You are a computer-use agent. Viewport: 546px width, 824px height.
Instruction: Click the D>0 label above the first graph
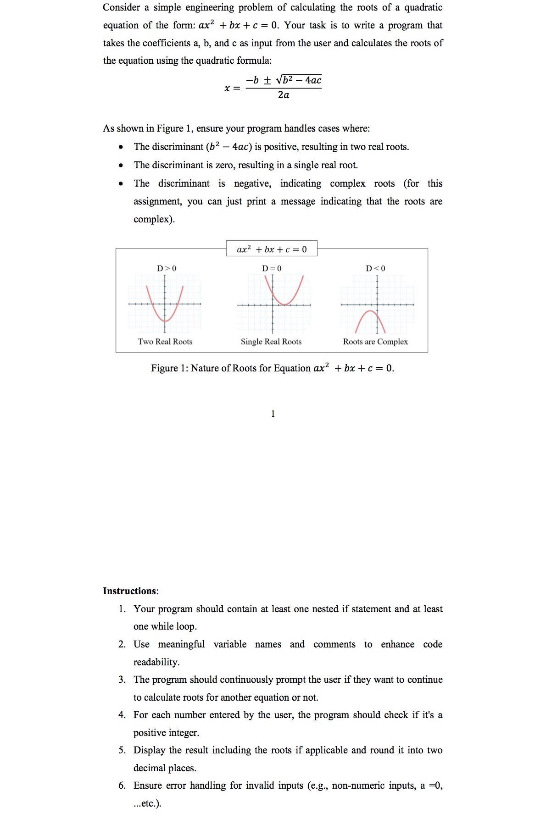pos(167,268)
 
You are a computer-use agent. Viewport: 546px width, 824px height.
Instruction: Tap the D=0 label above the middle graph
pos(272,268)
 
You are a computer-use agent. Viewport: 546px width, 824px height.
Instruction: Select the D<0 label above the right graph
pos(375,268)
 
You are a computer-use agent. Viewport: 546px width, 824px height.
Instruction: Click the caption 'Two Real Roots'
pos(165,342)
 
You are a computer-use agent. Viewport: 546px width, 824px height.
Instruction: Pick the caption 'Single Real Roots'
pos(271,342)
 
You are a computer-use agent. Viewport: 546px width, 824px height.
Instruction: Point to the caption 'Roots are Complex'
pos(375,342)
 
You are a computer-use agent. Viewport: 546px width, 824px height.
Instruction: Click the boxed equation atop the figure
pos(272,249)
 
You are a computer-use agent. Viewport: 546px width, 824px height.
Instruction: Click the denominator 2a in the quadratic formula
pos(284,95)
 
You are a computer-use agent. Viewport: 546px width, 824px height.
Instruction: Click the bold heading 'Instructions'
pos(129,591)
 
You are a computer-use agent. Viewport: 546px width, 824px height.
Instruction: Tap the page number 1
pos(273,414)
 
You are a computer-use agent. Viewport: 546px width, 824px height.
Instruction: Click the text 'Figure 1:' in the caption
pos(169,368)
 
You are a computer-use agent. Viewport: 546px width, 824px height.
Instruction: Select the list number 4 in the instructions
pos(122,715)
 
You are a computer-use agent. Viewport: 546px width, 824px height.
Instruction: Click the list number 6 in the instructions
pos(122,785)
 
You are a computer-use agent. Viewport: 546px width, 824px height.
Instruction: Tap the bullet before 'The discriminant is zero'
pos(121,166)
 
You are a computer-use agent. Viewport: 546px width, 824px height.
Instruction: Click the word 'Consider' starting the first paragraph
pos(121,7)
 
